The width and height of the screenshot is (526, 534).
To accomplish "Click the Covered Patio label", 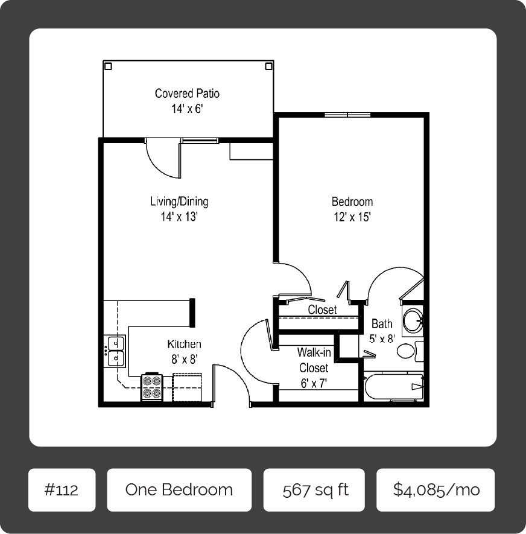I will click(x=187, y=94).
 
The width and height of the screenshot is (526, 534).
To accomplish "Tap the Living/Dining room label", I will click(x=179, y=202).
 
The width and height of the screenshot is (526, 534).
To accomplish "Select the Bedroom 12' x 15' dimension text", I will click(x=352, y=217).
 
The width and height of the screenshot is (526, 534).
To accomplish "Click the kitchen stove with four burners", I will click(x=152, y=387).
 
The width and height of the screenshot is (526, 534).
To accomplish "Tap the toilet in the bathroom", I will click(x=406, y=351).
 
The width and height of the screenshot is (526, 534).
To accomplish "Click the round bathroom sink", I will click(x=413, y=320).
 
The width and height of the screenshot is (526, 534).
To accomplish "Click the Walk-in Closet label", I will click(x=314, y=360).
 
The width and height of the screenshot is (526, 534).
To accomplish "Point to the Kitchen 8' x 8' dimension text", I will click(x=184, y=359).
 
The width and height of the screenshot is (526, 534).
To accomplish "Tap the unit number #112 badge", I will click(x=62, y=489).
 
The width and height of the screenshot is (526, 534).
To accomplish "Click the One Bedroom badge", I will click(x=179, y=489).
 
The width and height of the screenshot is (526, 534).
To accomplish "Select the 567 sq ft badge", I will click(x=314, y=489).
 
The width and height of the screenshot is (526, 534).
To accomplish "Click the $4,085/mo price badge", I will click(x=436, y=489).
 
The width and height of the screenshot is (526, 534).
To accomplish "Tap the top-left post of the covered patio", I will click(x=107, y=65).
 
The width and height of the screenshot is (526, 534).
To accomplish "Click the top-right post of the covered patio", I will click(x=269, y=65).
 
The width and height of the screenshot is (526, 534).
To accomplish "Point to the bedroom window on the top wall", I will click(x=347, y=115).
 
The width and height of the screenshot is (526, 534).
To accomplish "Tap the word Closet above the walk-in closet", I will click(x=322, y=310).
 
